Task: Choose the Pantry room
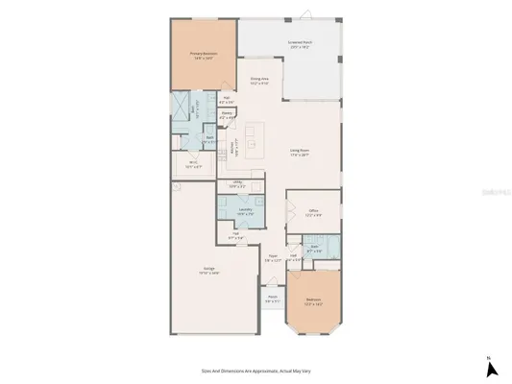pos(227,115)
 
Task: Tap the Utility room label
pos(235,184)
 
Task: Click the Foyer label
pos(274,257)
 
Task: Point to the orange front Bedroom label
pos(313,300)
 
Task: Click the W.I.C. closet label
pos(193,163)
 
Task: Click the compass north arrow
pos(489,366)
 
